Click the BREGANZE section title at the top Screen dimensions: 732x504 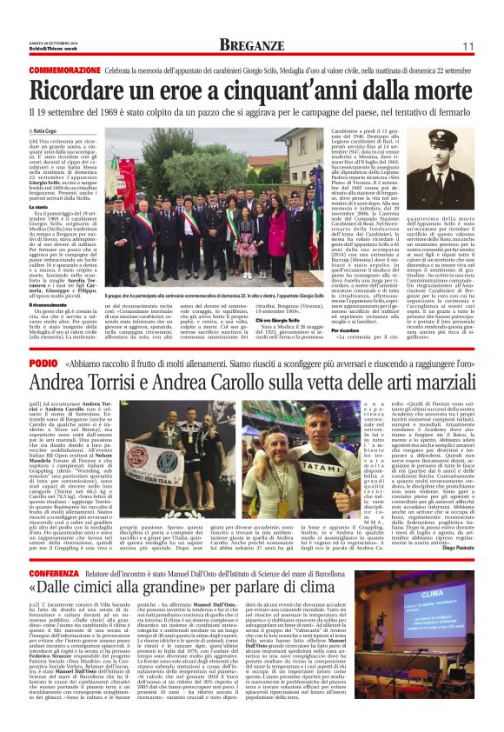[x=251, y=45]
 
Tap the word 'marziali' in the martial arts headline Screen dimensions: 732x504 [x=416, y=382]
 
